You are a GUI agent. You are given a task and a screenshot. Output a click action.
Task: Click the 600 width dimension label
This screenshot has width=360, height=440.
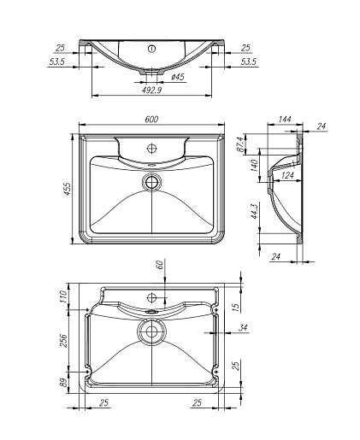point(151,120)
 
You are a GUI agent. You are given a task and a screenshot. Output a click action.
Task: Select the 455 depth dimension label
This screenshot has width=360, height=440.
point(68,189)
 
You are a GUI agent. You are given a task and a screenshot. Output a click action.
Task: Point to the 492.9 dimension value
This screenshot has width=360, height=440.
point(151,90)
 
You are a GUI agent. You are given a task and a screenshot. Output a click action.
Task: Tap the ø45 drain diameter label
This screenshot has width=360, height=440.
point(178,77)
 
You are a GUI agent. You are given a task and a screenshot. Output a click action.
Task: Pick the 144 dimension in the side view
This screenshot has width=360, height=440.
point(285,119)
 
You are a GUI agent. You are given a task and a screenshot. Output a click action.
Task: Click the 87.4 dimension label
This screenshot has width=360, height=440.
point(241,144)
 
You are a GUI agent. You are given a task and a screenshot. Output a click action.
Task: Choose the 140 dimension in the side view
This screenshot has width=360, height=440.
point(254,166)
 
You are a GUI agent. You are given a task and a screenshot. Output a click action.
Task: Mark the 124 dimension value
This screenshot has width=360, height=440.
point(287,175)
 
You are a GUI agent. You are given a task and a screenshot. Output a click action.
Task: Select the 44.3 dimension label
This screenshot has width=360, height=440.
point(254,211)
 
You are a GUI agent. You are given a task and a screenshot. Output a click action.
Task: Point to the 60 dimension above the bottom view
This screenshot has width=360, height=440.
point(160,265)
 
